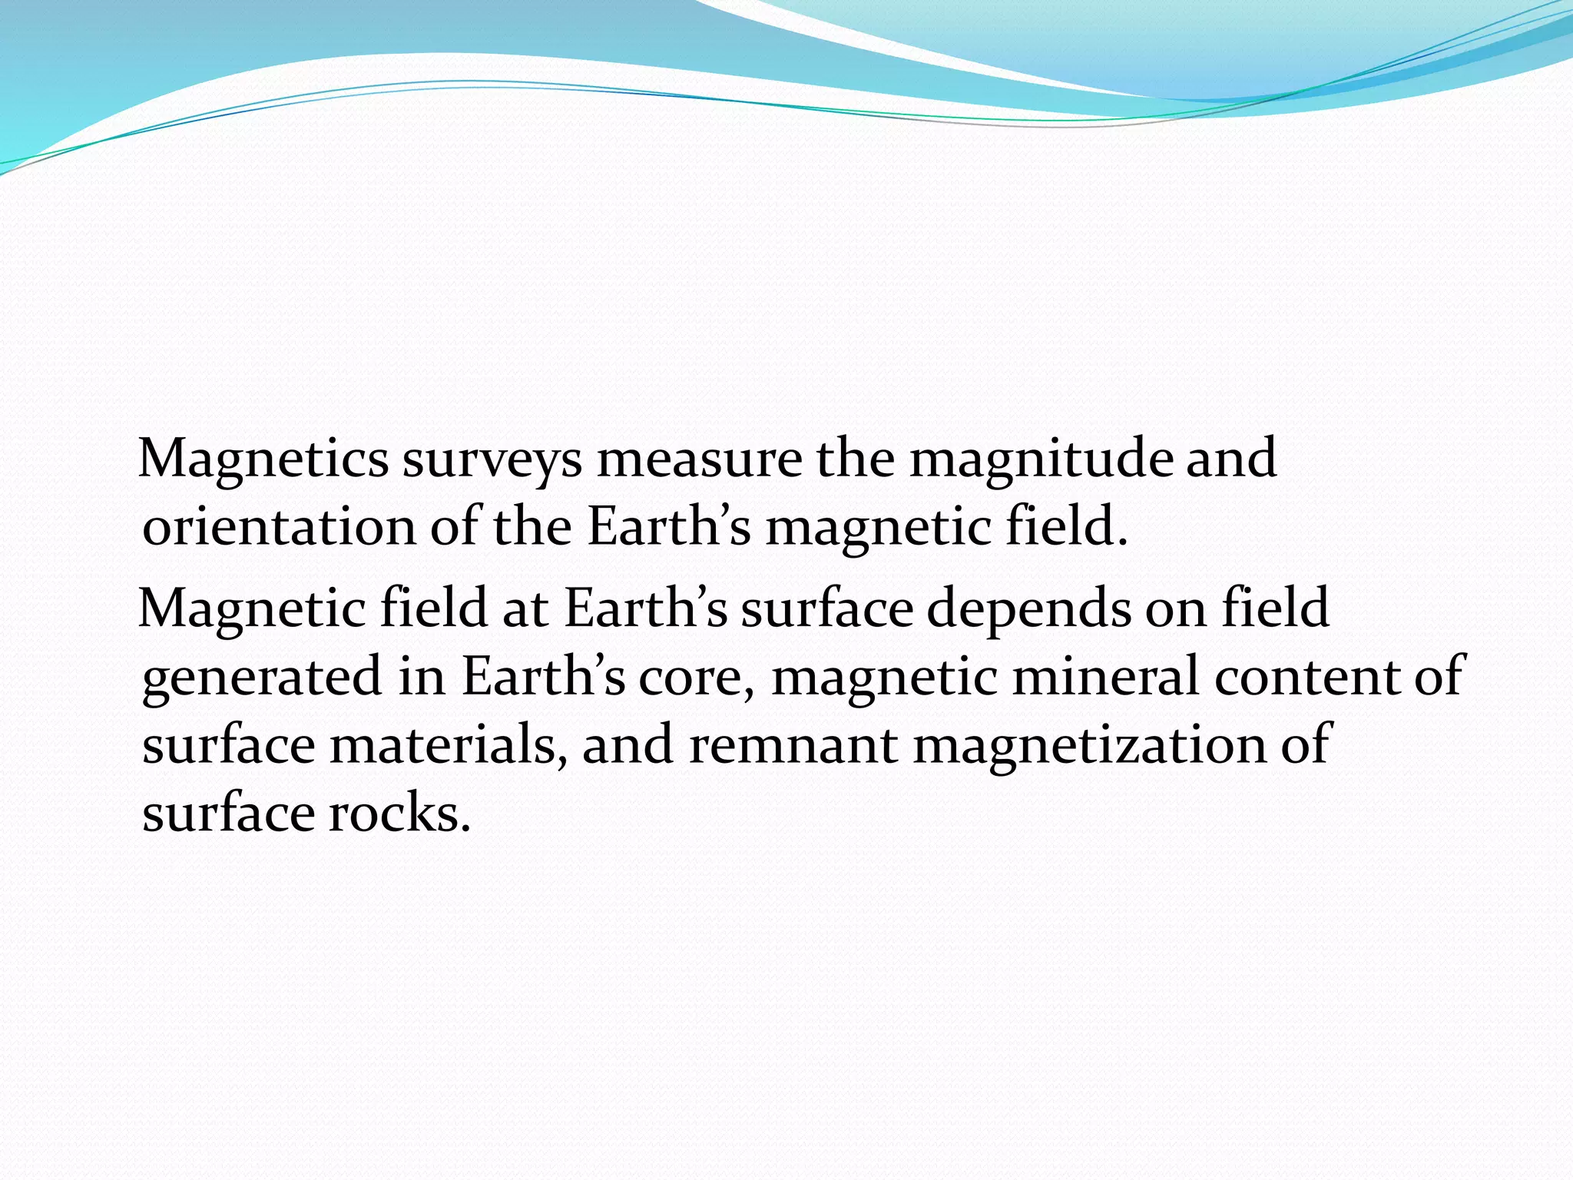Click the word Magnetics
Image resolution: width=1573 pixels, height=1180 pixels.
point(263,459)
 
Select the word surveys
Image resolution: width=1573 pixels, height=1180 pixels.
point(492,459)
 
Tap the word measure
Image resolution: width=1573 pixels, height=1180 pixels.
point(699,459)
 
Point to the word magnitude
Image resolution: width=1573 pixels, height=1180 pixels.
point(1041,459)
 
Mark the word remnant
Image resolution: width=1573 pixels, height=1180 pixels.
point(793,745)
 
